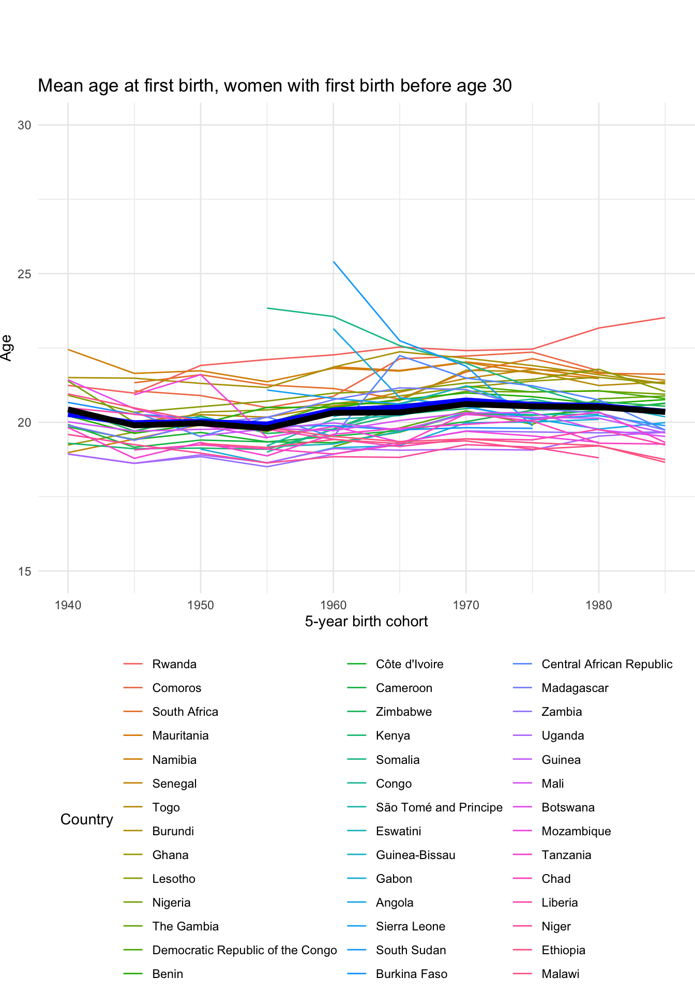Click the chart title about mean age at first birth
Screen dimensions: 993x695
point(275,86)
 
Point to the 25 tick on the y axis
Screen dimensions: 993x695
point(25,274)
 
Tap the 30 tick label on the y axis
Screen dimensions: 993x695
point(25,125)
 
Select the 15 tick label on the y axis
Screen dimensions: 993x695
point(25,571)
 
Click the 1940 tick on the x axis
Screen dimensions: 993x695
point(68,605)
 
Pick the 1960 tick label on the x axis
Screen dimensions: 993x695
point(334,605)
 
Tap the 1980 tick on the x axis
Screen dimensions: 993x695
point(599,605)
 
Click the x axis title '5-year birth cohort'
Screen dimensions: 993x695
point(366,621)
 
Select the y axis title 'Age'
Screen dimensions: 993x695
point(7,348)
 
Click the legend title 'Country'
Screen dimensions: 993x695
point(86,819)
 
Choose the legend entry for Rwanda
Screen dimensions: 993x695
point(174,664)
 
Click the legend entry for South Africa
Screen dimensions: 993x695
point(185,712)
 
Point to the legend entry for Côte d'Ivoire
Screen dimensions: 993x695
point(410,664)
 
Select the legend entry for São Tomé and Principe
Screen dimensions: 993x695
point(439,807)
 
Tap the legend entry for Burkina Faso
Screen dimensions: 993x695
point(411,974)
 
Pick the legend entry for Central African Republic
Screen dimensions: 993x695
point(607,664)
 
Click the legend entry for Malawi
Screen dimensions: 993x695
point(560,974)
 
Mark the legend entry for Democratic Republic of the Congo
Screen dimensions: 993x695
point(244,950)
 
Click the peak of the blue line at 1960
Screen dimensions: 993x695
point(334,262)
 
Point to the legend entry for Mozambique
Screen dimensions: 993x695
point(576,831)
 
